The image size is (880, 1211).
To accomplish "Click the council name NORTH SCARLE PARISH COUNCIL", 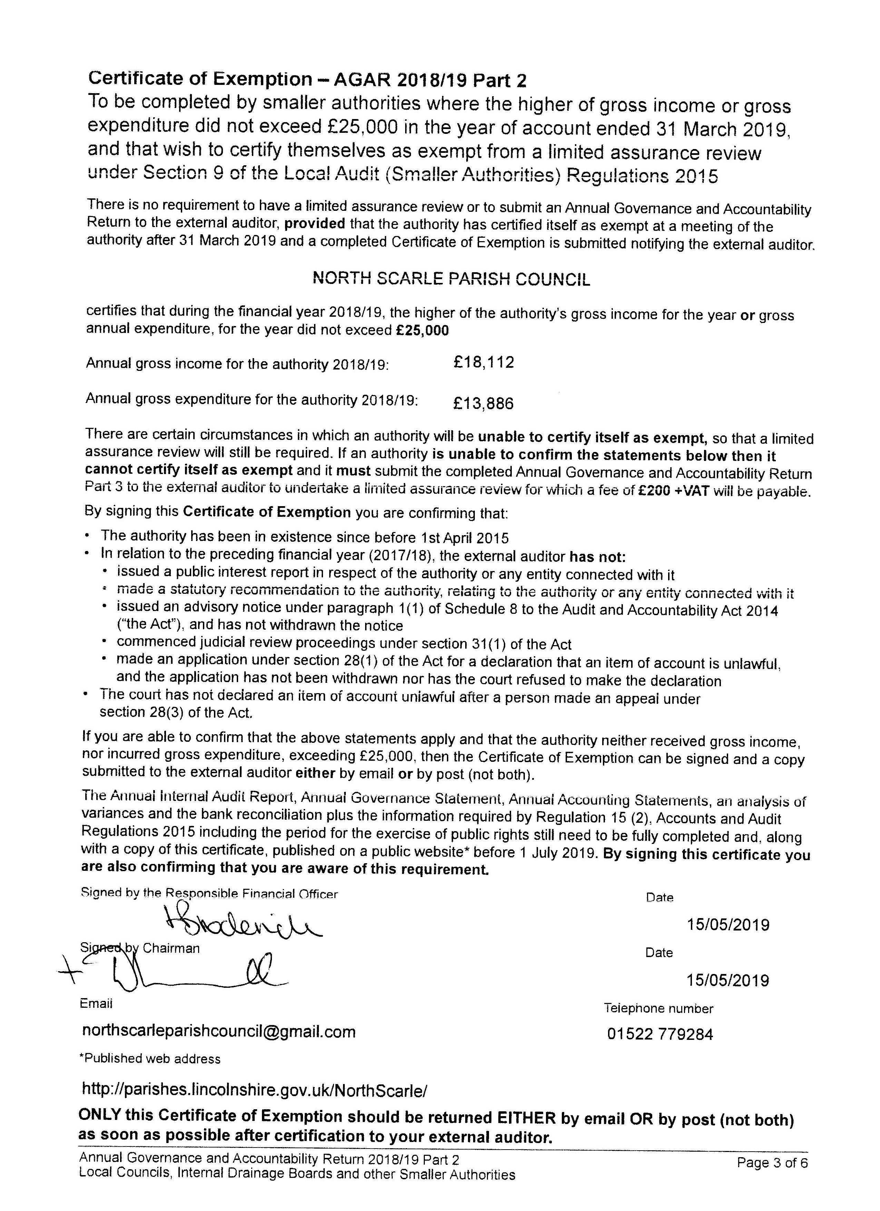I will [451, 279].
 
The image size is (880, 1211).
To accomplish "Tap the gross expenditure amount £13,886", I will [483, 403].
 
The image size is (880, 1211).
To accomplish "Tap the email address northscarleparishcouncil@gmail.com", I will [219, 1032].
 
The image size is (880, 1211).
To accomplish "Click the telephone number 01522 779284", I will [660, 1034].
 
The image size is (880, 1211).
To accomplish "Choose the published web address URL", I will [255, 1089].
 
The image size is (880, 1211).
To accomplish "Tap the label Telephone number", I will [658, 1008].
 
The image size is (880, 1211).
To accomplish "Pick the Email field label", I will [96, 1003].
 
